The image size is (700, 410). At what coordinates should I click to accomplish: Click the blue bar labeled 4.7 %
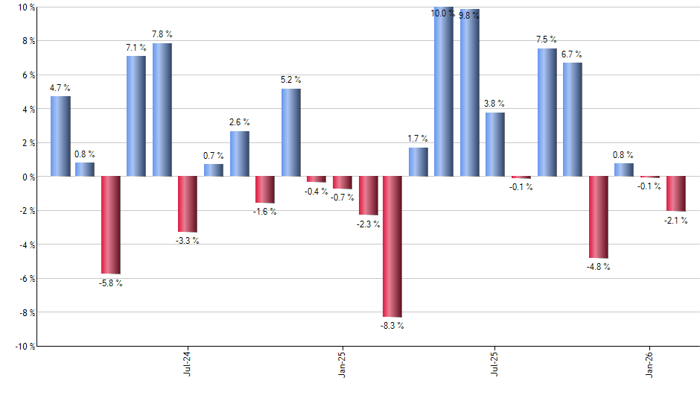pos(60,136)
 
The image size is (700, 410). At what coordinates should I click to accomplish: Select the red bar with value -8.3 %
pos(392,247)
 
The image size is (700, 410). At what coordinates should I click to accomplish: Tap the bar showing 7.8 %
pos(162,110)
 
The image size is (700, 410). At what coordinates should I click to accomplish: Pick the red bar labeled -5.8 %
pos(111,225)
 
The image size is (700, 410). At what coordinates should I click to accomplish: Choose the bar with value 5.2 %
pos(291,133)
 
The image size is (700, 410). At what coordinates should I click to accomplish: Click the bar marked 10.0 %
pos(444,92)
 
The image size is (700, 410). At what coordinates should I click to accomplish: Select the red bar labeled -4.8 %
pos(598,217)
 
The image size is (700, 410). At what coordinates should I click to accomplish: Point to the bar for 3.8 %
pos(495,145)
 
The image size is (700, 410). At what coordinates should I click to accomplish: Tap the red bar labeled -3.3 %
pos(188,204)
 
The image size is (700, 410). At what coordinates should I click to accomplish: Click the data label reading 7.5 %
pos(546,40)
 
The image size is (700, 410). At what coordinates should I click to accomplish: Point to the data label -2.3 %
pos(368,224)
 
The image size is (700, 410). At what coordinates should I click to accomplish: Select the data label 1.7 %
pos(418,138)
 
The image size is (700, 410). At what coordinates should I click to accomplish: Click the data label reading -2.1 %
pos(676,220)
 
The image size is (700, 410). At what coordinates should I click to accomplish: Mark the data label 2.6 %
pos(239,122)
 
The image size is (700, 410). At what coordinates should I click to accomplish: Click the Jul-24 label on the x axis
pos(186,362)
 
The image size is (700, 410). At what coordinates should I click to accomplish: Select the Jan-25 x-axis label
pos(341,362)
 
